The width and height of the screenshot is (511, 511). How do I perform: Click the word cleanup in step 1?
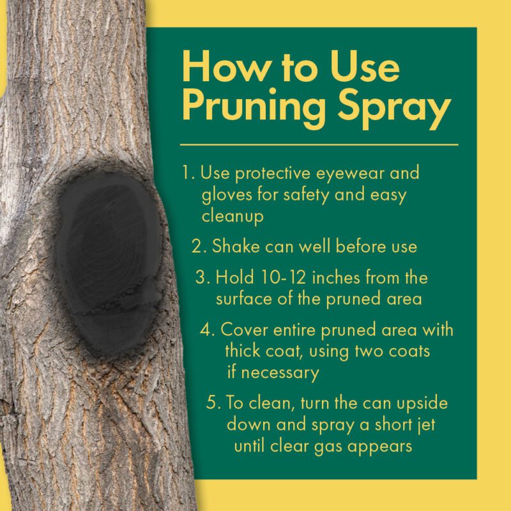tap(233, 217)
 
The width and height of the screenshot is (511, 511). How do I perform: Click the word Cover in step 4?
tap(241, 330)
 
